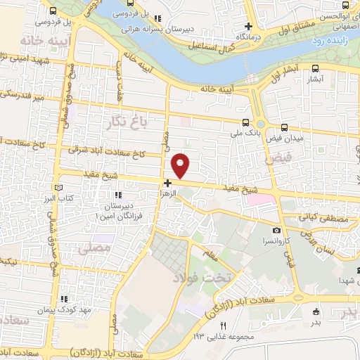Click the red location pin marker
point(182,165)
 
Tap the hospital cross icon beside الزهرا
point(167,182)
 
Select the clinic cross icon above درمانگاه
point(248,25)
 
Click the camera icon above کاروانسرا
point(277,231)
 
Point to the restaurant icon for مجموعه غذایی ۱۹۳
point(224,325)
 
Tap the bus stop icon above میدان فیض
point(284,127)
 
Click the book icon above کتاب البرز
point(59,188)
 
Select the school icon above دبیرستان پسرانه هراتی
point(158,19)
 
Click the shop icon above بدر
point(315,311)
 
